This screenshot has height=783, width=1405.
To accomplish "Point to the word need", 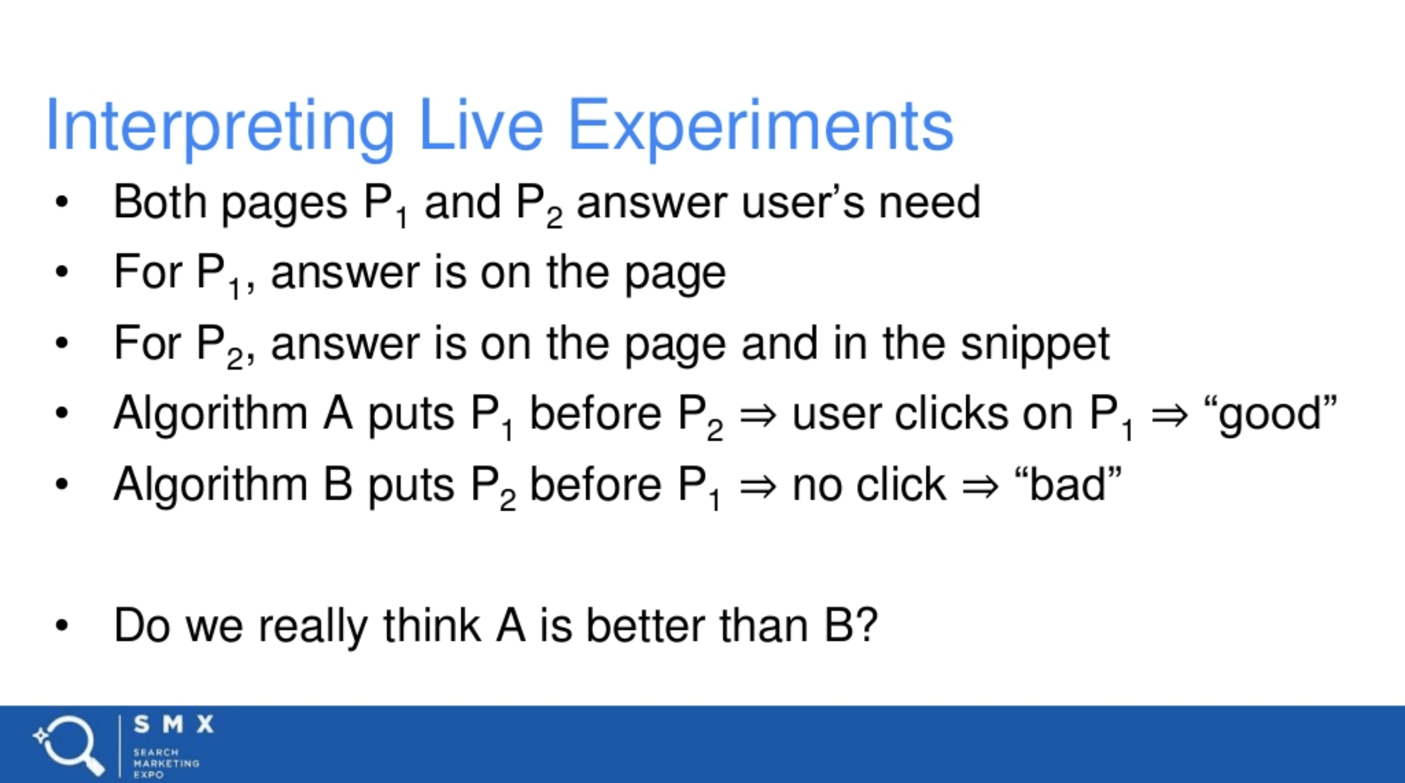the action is click(929, 202).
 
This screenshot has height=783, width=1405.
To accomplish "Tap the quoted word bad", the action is click(1068, 485).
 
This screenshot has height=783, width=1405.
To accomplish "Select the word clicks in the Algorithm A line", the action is click(952, 414).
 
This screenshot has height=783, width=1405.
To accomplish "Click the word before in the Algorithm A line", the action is click(596, 414).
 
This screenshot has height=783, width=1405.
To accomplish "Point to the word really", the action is click(313, 627).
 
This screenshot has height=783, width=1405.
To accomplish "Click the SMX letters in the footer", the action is click(174, 724).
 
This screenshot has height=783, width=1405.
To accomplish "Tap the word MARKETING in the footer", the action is click(166, 763).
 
